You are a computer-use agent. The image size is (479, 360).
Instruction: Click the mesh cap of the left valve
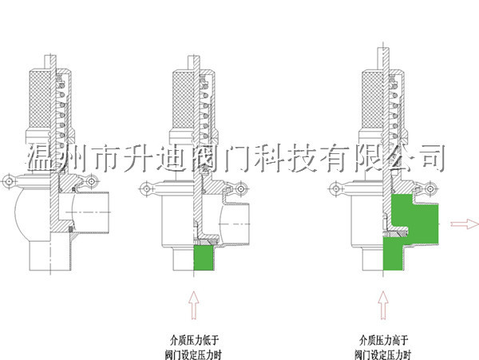click(39, 94)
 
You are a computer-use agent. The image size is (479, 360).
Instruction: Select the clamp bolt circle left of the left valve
click(9, 182)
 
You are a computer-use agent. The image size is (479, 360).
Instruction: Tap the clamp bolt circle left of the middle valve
click(147, 189)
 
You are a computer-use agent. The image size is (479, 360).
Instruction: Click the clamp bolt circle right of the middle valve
click(239, 188)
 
